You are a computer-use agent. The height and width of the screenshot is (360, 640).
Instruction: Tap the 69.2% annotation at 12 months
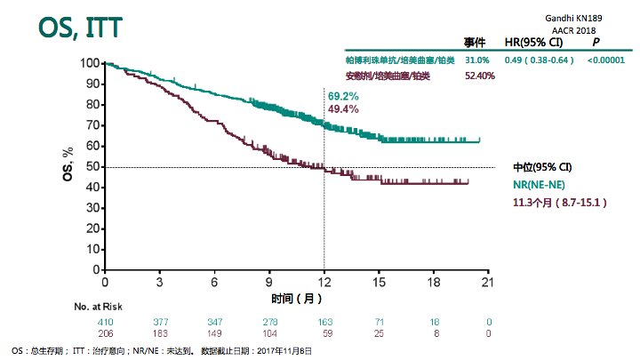pyautogui.click(x=343, y=95)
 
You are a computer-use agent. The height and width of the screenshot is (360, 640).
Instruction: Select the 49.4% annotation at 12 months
pyautogui.click(x=343, y=108)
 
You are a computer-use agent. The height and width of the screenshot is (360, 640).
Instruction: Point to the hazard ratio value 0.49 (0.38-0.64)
pyautogui.click(x=537, y=60)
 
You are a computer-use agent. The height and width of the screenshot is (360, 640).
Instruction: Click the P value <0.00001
pyautogui.click(x=606, y=60)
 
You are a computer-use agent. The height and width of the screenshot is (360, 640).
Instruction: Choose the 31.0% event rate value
pyautogui.click(x=477, y=60)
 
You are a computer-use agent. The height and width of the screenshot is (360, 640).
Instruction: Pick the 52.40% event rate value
pyautogui.click(x=480, y=76)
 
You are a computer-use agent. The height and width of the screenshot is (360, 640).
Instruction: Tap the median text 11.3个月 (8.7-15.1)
pyautogui.click(x=559, y=203)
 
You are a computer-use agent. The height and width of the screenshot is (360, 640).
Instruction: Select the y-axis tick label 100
pyautogui.click(x=89, y=63)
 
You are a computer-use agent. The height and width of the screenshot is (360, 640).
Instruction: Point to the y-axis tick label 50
pyautogui.click(x=92, y=167)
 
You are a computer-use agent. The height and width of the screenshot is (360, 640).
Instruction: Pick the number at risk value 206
pyautogui.click(x=105, y=333)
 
